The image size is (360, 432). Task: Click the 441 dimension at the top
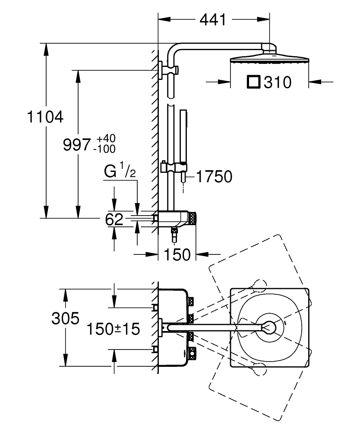click(x=213, y=20)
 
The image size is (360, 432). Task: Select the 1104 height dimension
click(x=45, y=117)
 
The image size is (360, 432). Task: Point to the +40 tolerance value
click(x=106, y=138)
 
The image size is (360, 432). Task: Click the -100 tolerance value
click(x=104, y=149)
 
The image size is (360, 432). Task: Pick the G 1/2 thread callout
click(x=120, y=172)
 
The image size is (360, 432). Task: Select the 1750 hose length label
click(x=214, y=176)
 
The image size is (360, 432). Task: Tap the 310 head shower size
click(x=278, y=83)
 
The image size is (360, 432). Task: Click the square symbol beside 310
click(x=253, y=82)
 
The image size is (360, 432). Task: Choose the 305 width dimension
click(x=66, y=318)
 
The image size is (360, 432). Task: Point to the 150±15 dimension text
click(x=113, y=329)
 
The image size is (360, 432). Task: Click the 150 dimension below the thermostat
click(x=177, y=254)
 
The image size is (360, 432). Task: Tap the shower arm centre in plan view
click(x=215, y=327)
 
